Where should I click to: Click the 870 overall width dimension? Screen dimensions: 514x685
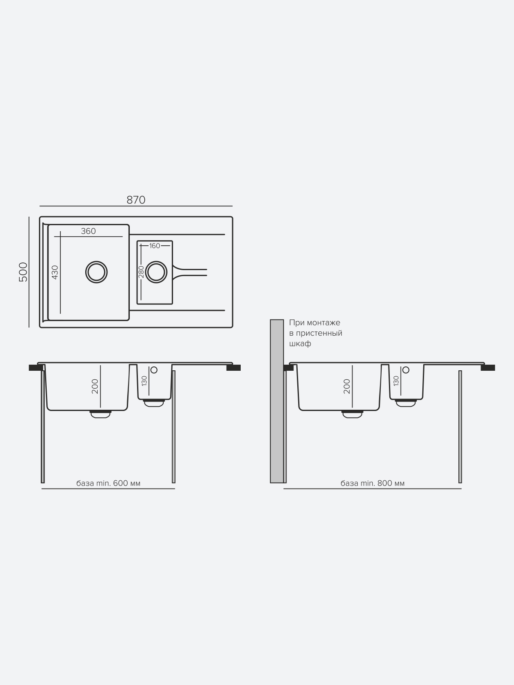[x=136, y=200]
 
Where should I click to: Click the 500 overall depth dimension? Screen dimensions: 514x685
[x=24, y=272]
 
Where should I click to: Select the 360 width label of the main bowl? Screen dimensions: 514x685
[x=88, y=231]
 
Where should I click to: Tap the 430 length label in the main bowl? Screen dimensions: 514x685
[x=55, y=272]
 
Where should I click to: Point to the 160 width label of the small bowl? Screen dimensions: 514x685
[x=155, y=246]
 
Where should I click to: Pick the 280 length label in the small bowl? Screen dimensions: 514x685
[x=141, y=272]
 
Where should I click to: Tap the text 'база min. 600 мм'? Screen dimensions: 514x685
[x=108, y=483]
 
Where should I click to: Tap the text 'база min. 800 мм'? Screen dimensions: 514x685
[x=373, y=483]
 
